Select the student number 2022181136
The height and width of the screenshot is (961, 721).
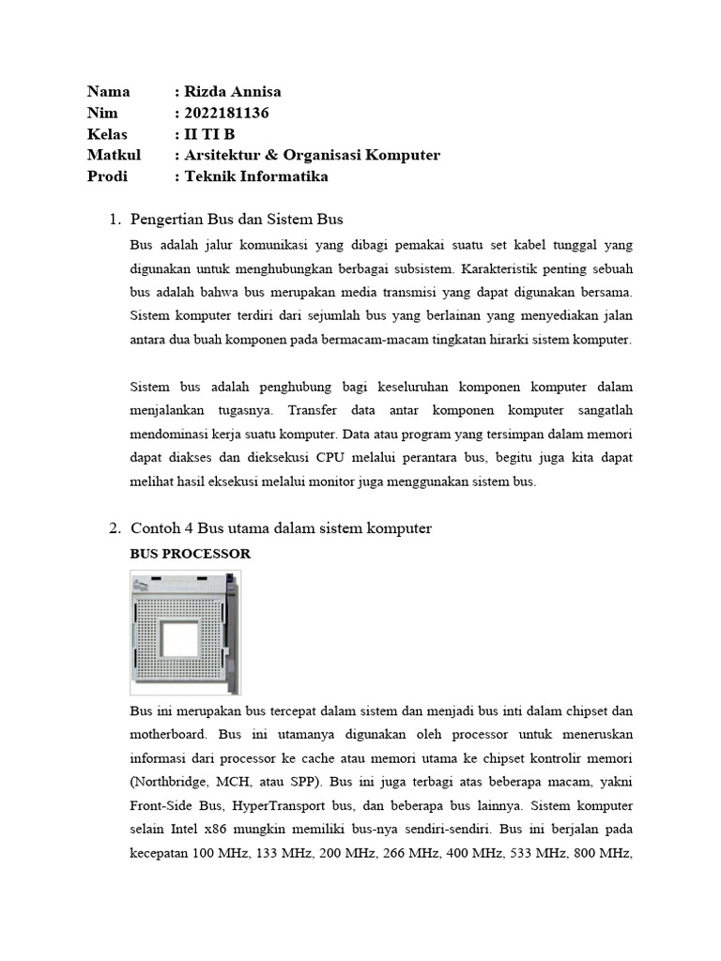pos(227,113)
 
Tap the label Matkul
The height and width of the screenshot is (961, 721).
pos(114,155)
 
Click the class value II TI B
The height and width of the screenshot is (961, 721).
pos(216,134)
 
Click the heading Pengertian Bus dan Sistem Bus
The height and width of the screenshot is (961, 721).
pos(237,220)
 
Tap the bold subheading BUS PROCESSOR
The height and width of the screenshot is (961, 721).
pos(190,554)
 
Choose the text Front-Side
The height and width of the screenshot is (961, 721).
pos(161,805)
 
